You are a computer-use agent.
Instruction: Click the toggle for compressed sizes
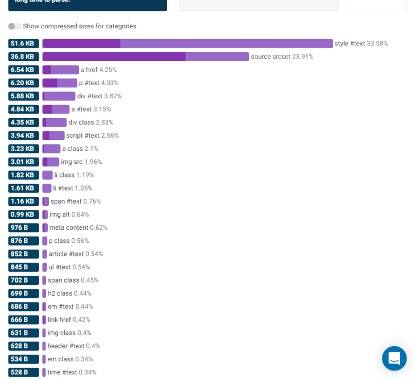click(15, 26)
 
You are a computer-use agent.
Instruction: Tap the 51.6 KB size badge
click(23, 44)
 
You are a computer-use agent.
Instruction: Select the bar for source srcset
click(146, 57)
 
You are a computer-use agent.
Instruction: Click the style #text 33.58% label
click(361, 44)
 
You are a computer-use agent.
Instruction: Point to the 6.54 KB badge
click(23, 70)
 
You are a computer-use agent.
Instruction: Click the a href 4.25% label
click(99, 70)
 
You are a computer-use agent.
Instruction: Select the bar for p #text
click(60, 83)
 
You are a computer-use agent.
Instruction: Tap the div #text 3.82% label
click(99, 96)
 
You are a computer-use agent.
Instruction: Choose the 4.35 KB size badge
click(23, 123)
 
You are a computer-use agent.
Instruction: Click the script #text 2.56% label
click(93, 136)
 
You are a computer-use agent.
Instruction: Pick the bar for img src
click(51, 162)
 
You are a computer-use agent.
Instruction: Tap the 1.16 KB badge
click(23, 201)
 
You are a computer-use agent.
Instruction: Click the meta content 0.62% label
click(78, 228)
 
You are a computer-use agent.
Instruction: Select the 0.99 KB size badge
click(23, 214)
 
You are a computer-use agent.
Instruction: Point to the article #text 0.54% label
click(76, 254)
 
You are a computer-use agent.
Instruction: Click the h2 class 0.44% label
click(70, 293)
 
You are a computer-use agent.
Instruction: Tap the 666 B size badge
click(23, 319)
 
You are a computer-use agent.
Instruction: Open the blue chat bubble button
click(394, 358)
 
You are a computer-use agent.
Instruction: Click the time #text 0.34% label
click(72, 372)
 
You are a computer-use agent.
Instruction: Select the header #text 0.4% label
click(74, 346)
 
